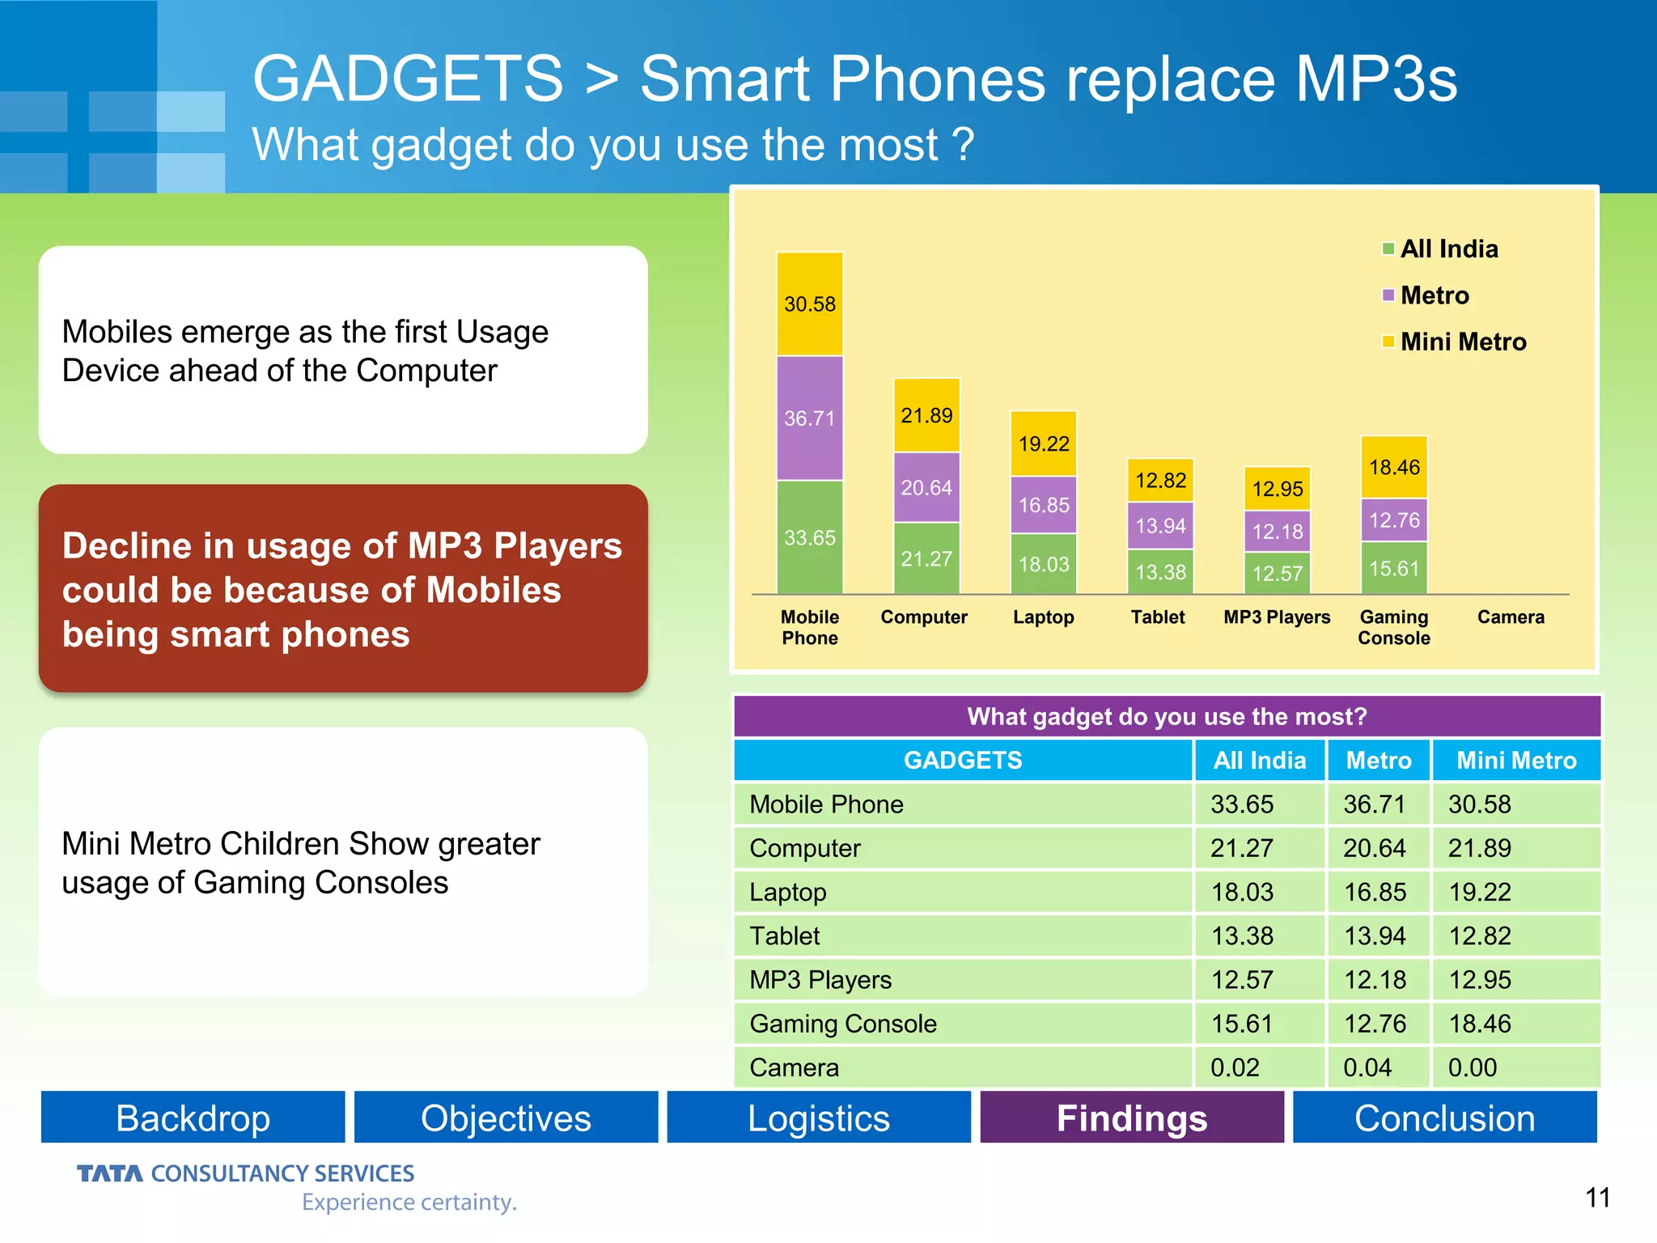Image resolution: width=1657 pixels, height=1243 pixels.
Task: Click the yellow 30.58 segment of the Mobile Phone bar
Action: click(x=809, y=304)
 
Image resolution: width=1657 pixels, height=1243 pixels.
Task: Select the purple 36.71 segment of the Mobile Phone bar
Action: click(x=809, y=418)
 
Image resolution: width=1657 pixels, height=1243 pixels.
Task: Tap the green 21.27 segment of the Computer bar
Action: click(x=926, y=558)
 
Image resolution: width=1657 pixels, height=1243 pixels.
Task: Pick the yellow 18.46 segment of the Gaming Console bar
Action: click(x=1393, y=467)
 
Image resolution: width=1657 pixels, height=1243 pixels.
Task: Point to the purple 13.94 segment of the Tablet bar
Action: click(x=1159, y=526)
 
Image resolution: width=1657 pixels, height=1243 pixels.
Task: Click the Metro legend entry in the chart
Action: click(x=1433, y=295)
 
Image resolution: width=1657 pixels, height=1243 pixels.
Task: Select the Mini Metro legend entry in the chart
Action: click(x=1461, y=342)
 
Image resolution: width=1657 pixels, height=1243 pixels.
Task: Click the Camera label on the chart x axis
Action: click(x=1510, y=617)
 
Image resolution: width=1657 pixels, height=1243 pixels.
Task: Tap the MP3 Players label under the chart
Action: click(x=1276, y=617)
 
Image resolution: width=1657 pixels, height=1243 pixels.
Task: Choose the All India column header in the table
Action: click(x=1259, y=760)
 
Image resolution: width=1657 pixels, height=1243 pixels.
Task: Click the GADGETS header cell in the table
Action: click(x=962, y=760)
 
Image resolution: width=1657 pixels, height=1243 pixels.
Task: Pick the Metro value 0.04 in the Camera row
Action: click(x=1367, y=1067)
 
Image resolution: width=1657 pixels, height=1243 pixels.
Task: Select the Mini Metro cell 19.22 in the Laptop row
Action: click(x=1479, y=892)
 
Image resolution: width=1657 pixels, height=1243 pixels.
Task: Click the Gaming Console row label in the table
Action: click(x=842, y=1024)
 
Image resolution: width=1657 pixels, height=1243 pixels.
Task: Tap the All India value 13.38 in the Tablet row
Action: click(x=1241, y=935)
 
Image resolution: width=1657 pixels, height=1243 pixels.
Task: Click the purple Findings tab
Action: click(x=1131, y=1118)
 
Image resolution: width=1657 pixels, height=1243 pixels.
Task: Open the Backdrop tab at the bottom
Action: click(x=193, y=1118)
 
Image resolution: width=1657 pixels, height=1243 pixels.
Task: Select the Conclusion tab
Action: click(x=1444, y=1118)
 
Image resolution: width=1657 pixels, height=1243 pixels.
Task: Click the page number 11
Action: click(x=1597, y=1197)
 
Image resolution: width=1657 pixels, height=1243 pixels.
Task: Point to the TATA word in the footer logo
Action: click(x=109, y=1173)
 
